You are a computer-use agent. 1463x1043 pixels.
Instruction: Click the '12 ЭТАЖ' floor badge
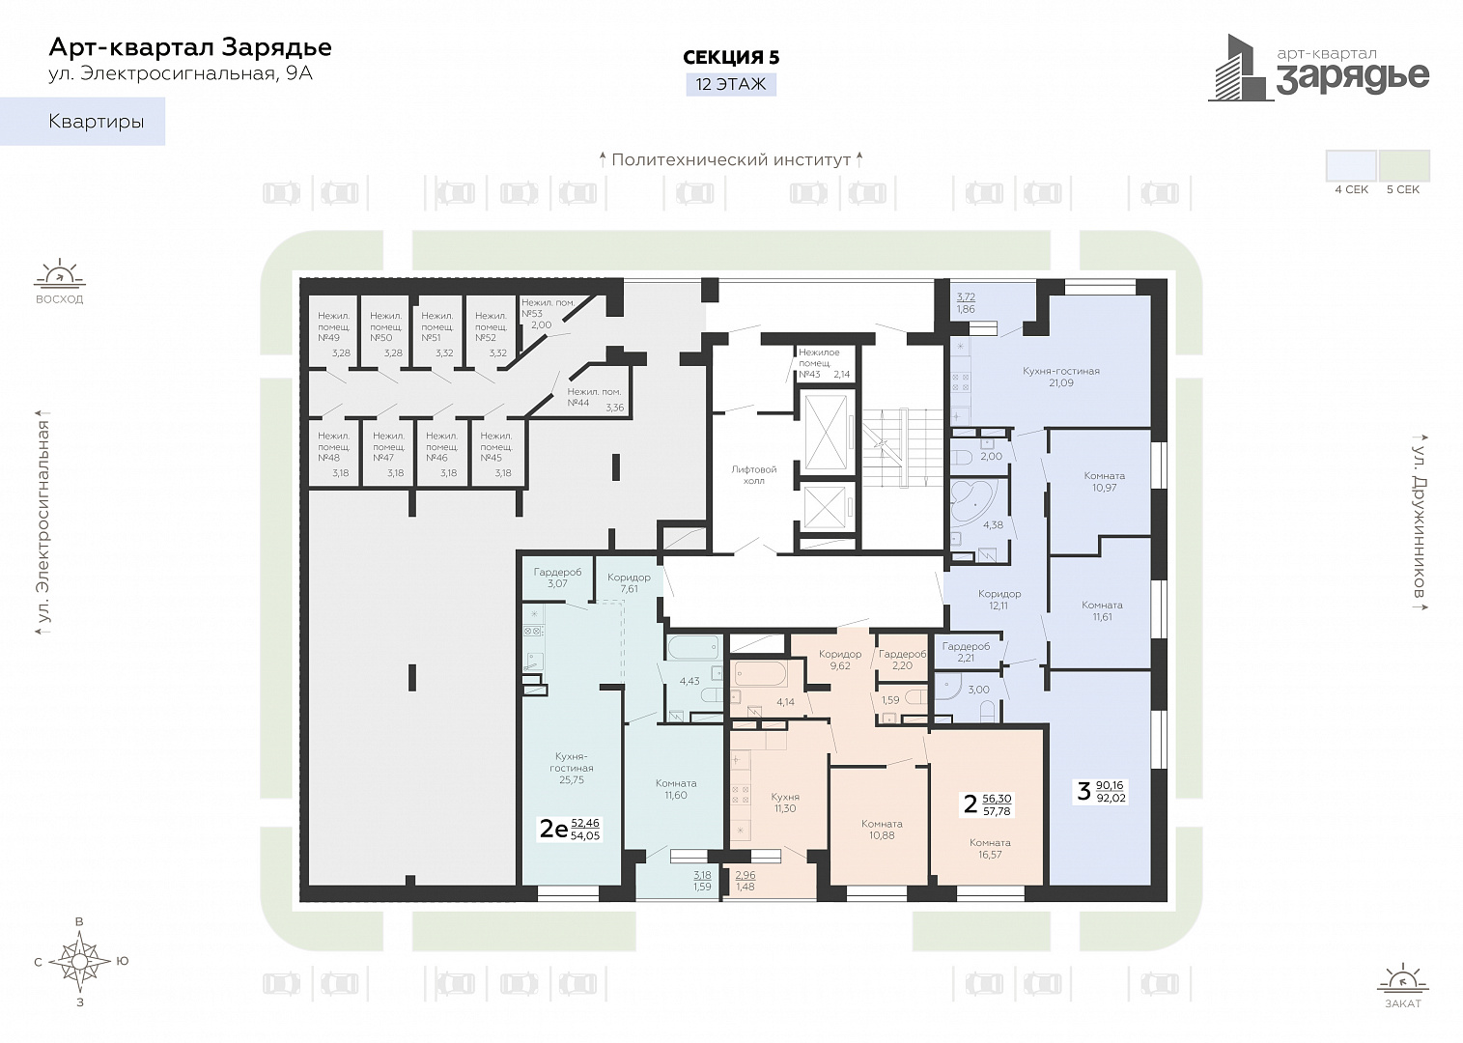[x=731, y=84]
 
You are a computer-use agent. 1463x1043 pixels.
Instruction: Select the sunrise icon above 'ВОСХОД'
[x=60, y=274]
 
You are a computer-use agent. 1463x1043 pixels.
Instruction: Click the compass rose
[x=80, y=961]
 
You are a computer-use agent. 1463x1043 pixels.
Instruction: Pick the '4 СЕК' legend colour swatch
[x=1351, y=165]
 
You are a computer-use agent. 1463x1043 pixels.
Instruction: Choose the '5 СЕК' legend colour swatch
[x=1403, y=165]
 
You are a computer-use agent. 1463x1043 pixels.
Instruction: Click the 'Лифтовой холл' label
[x=753, y=475]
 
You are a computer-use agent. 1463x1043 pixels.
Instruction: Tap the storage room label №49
[x=334, y=326]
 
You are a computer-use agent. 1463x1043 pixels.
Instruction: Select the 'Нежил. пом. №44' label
[x=593, y=397]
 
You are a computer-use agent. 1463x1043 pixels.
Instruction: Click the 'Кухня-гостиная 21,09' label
[x=1061, y=377]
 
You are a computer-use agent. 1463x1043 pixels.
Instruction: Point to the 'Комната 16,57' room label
[x=990, y=848]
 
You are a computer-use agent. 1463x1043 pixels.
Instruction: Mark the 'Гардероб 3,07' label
[x=557, y=578]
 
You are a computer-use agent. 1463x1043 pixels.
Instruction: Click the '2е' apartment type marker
[x=553, y=829]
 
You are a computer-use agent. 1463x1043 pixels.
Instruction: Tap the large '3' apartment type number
[x=1083, y=791]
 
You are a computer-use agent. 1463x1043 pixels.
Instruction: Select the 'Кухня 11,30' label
[x=785, y=803]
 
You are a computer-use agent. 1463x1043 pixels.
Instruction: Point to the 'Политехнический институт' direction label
[x=731, y=159]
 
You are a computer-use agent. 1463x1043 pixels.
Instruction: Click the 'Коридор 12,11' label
[x=999, y=600]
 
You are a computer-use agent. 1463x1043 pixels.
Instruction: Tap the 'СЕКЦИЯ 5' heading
[x=731, y=58]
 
